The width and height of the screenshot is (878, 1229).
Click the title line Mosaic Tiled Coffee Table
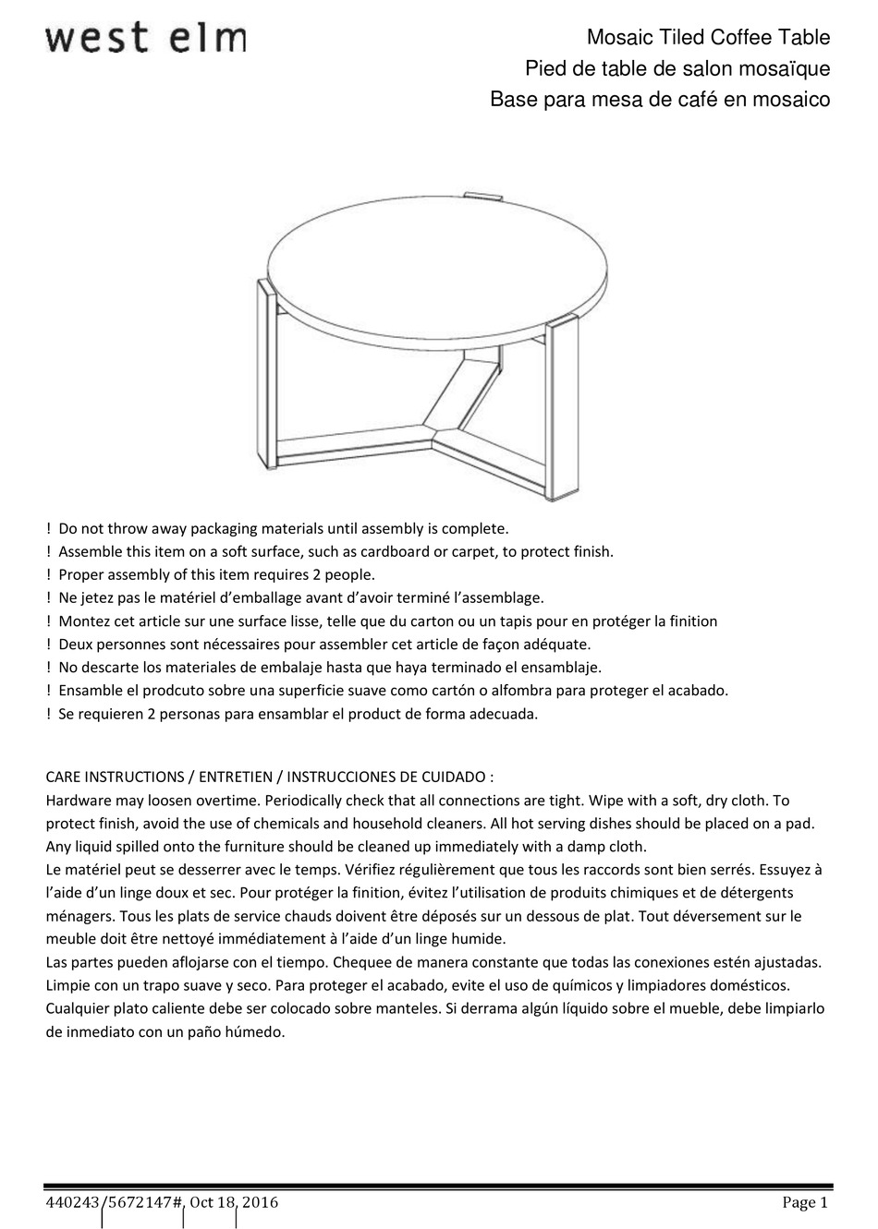pyautogui.click(x=709, y=38)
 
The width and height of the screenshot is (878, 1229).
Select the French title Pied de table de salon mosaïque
pyautogui.click(x=677, y=68)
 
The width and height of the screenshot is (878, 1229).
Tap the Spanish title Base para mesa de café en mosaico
pyautogui.click(x=660, y=99)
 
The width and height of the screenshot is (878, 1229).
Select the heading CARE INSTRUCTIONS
pyautogui.click(x=114, y=777)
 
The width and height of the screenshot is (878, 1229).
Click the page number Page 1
pyautogui.click(x=805, y=1202)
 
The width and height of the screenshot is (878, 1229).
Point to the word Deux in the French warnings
pyautogui.click(x=76, y=645)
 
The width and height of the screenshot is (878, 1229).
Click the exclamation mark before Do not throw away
pyautogui.click(x=49, y=529)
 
